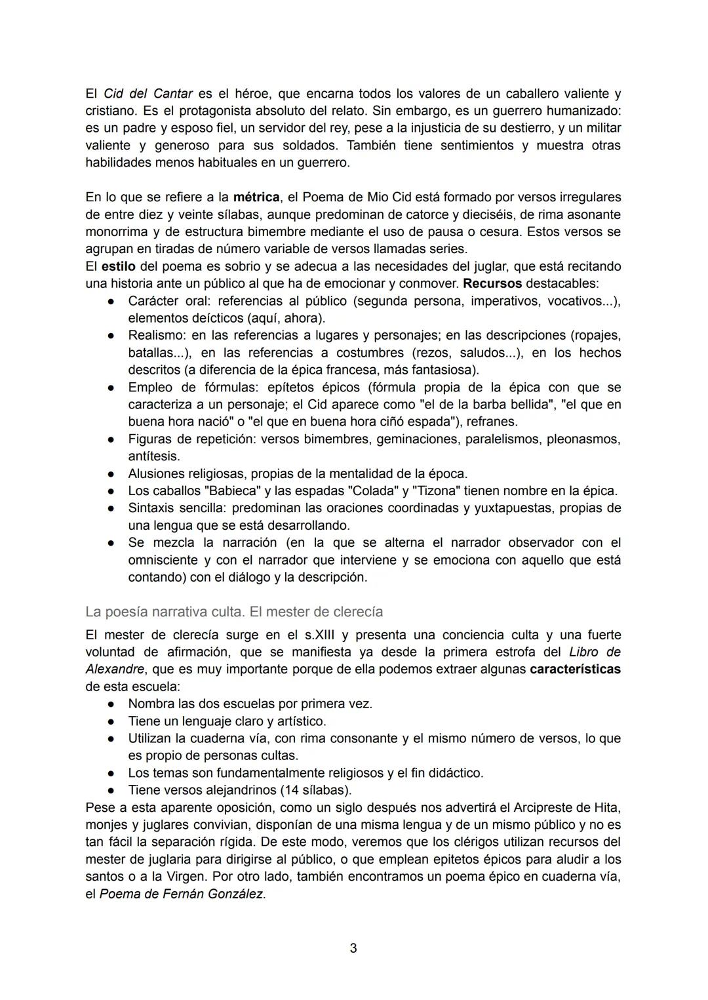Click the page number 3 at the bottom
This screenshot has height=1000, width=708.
point(353,948)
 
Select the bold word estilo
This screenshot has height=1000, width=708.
point(117,267)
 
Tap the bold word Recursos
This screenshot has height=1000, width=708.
point(492,284)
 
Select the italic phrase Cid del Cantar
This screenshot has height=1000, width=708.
point(148,94)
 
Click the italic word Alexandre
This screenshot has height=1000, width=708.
point(115,670)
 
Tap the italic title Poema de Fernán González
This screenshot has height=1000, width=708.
point(182,894)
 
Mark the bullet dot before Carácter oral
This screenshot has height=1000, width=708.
point(112,302)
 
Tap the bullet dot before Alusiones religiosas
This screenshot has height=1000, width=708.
point(112,474)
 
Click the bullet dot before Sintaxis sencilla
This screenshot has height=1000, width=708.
point(112,508)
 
